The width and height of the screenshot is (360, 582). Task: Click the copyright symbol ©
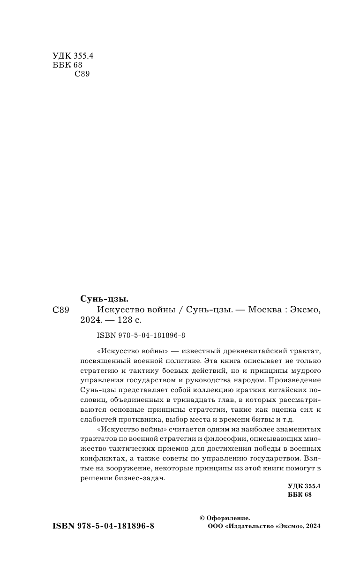(202, 518)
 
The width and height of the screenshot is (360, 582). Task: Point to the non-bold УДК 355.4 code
(73, 56)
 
